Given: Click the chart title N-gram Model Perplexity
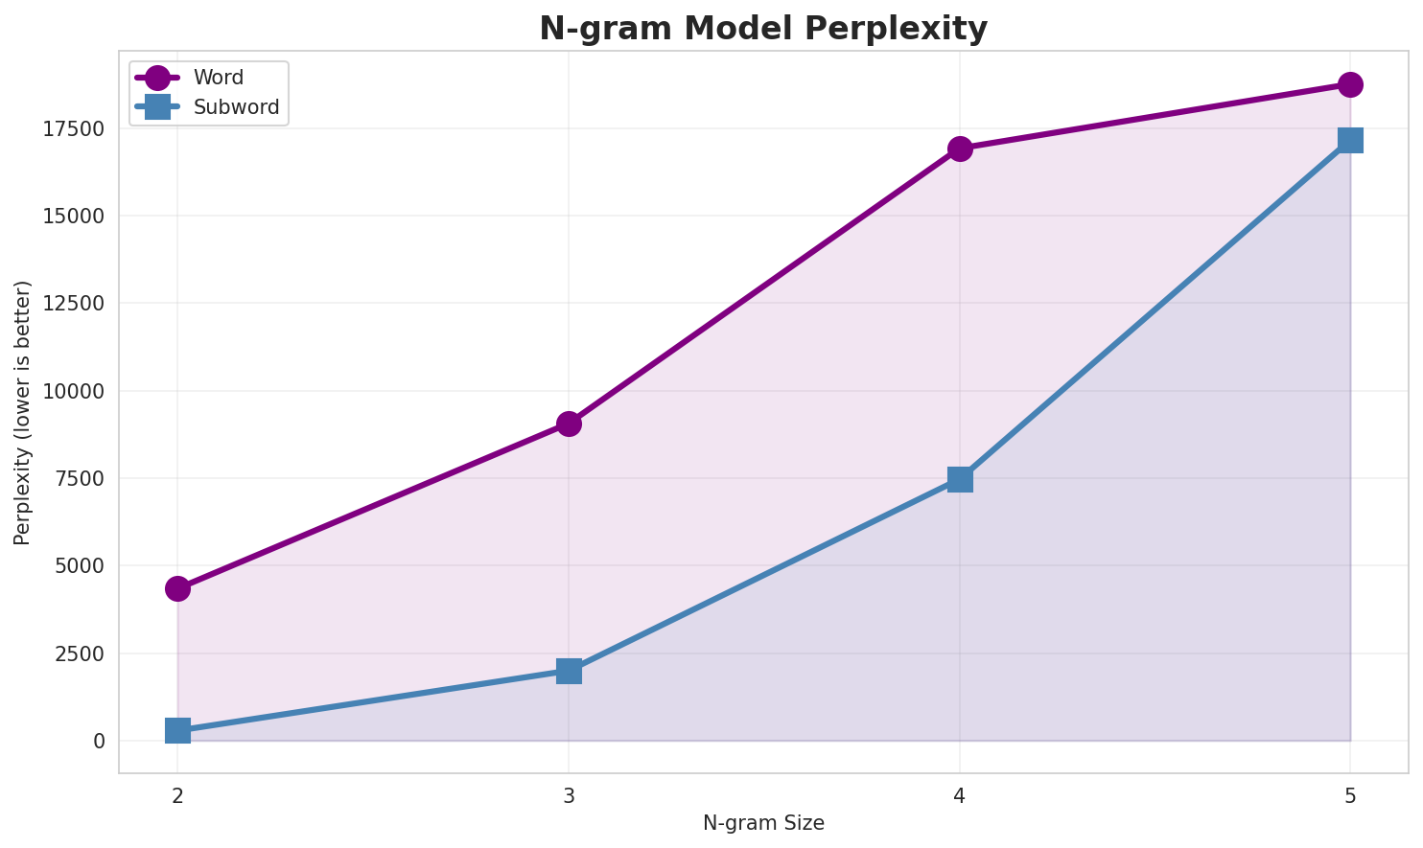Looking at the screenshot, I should click(x=763, y=29).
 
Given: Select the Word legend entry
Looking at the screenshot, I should click(x=218, y=78).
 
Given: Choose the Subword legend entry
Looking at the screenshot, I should click(x=236, y=107).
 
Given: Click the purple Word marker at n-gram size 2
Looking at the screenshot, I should click(x=177, y=588).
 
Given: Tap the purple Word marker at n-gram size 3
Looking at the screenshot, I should click(x=569, y=424).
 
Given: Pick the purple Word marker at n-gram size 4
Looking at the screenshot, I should click(x=960, y=149).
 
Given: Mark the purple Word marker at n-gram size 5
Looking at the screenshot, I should click(x=1350, y=84).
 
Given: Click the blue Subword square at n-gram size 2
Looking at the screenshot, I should click(x=177, y=731).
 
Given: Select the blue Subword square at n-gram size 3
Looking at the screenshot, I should click(x=569, y=671).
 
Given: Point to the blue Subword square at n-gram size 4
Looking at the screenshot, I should click(x=960, y=479).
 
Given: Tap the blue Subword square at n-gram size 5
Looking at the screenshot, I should click(x=1350, y=140).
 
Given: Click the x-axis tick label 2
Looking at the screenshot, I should click(x=177, y=795).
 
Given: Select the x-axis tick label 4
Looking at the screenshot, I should click(x=960, y=795).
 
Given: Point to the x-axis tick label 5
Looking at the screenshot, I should click(x=1350, y=795).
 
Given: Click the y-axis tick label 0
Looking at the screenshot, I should click(x=100, y=741).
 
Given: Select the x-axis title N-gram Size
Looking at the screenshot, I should click(x=763, y=823).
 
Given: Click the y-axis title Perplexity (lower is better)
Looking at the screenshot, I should click(x=23, y=413).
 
